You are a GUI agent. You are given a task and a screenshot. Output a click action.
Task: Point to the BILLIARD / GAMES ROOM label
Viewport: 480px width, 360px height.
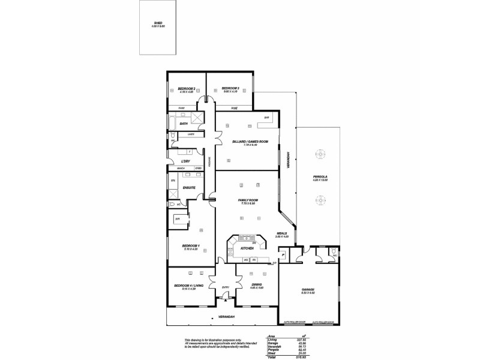click(250, 141)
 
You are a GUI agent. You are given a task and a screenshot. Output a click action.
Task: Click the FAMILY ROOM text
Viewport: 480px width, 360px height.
click(248, 200)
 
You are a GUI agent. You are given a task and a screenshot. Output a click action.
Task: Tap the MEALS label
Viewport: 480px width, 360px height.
click(281, 233)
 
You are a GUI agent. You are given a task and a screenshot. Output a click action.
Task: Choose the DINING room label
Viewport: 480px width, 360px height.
click(256, 286)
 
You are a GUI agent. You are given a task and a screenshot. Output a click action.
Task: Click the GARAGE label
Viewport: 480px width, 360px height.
click(308, 290)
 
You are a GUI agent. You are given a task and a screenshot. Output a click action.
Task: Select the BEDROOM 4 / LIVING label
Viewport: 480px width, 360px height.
click(185, 286)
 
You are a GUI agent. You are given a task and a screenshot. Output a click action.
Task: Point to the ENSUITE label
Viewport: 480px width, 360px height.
click(189, 188)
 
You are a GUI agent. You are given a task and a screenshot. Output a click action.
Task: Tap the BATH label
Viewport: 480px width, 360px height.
click(184, 124)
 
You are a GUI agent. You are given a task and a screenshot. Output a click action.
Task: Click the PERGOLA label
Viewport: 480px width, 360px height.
click(320, 176)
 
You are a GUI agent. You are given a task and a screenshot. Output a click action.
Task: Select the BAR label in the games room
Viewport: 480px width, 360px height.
click(266, 118)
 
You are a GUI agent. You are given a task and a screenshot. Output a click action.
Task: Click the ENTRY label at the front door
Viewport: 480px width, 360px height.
click(226, 287)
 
